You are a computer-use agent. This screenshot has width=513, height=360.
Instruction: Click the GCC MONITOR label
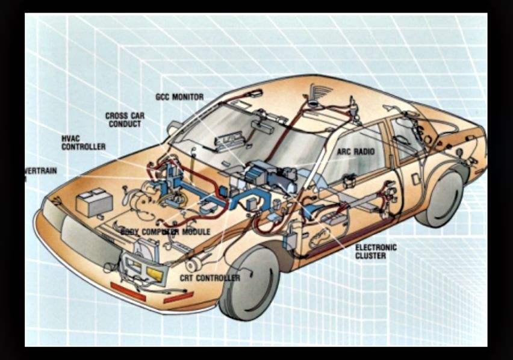pyautogui.click(x=179, y=97)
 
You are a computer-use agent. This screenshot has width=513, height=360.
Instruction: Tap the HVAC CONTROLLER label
pyautogui.click(x=83, y=143)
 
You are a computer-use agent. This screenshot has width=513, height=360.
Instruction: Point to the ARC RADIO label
pyautogui.click(x=355, y=152)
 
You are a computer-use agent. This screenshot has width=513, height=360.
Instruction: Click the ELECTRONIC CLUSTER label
pyautogui.click(x=376, y=252)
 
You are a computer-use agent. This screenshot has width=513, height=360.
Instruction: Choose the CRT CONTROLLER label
pyautogui.click(x=210, y=278)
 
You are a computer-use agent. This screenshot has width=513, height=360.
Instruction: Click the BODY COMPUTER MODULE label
pyautogui.click(x=166, y=232)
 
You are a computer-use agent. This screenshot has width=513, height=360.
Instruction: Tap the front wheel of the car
pyautogui.click(x=249, y=283)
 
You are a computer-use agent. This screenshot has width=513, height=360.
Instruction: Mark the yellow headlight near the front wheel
pyautogui.click(x=155, y=275)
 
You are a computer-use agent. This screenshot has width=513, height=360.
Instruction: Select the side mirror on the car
pyautogui.click(x=174, y=128)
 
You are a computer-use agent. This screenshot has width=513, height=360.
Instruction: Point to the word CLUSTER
pyautogui.click(x=370, y=256)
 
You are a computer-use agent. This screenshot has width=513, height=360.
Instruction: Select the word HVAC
pyautogui.click(x=71, y=138)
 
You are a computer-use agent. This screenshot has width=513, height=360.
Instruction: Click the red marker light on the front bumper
pyautogui.click(x=127, y=291)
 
